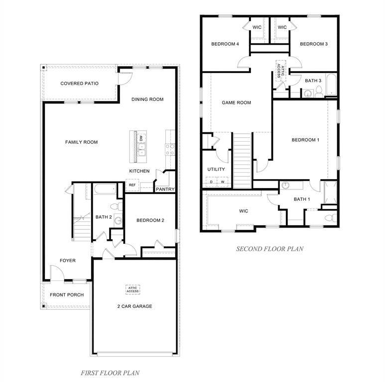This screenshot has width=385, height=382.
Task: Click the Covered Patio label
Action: (x=79, y=84)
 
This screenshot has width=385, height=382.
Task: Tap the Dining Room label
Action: (x=147, y=99)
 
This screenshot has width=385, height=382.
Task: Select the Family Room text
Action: (x=81, y=142)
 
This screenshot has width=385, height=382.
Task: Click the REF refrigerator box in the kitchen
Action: (x=132, y=185)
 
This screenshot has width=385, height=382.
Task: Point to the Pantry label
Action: (x=165, y=189)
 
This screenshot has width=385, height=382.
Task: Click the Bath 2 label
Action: (x=104, y=217)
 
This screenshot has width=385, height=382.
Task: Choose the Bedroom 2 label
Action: (x=150, y=220)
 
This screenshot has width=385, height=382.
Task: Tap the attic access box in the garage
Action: (x=132, y=289)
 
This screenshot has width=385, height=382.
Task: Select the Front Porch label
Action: (x=67, y=295)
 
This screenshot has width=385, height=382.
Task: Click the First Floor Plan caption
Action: (x=111, y=372)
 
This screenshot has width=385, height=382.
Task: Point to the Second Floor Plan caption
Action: (x=269, y=249)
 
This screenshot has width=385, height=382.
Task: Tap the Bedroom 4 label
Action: (x=225, y=44)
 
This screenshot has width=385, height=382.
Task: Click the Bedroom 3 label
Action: (x=314, y=44)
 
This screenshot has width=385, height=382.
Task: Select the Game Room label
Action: (x=236, y=103)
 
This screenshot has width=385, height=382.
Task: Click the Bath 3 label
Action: (x=313, y=81)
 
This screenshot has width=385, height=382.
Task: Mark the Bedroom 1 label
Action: (x=305, y=140)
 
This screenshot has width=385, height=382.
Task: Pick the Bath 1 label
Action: (x=302, y=199)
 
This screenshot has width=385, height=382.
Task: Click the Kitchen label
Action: (x=139, y=171)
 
